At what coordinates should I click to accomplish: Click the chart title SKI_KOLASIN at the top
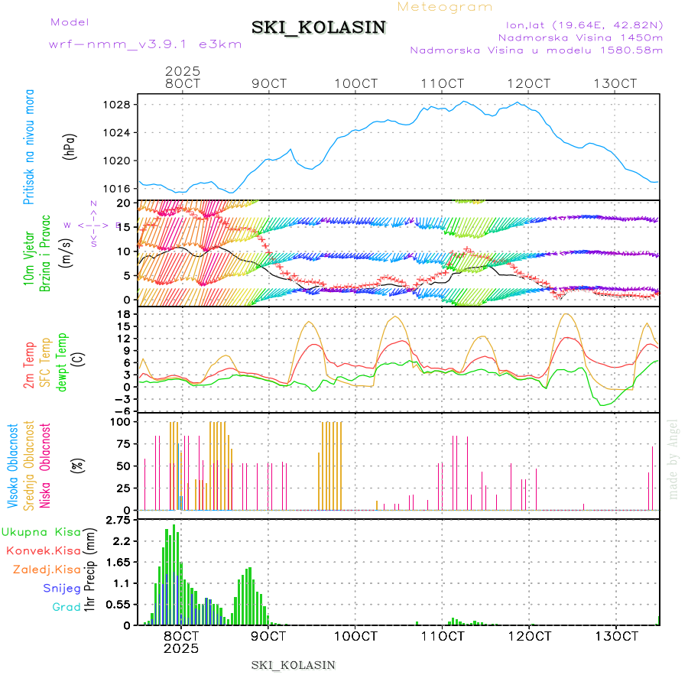319,28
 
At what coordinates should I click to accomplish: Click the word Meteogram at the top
446,7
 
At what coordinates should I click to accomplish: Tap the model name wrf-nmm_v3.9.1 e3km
145,44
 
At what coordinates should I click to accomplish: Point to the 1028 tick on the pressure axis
118,105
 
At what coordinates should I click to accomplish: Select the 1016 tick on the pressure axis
118,189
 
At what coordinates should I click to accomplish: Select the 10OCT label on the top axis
360,83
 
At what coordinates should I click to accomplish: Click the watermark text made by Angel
673,459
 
